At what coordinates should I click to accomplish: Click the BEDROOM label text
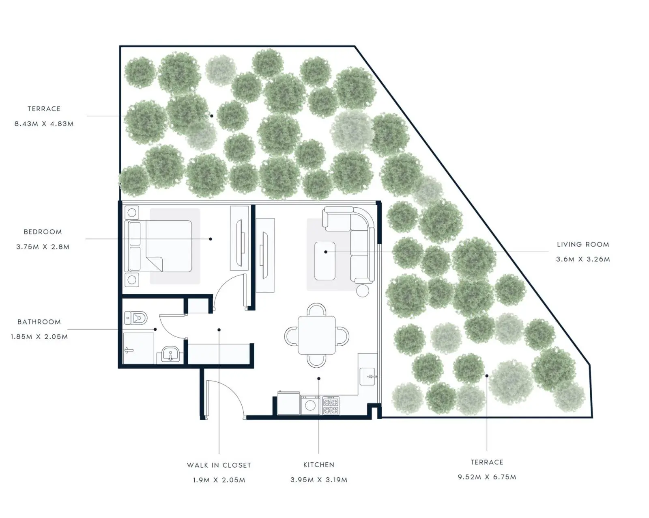tap(43, 232)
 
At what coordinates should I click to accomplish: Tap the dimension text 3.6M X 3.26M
tap(583, 259)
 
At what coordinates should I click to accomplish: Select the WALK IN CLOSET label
tap(219, 465)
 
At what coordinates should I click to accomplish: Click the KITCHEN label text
tap(319, 465)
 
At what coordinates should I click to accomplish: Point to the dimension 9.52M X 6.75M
tap(487, 477)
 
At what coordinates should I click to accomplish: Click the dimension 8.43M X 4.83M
tap(44, 124)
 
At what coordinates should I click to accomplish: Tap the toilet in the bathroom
tap(136, 318)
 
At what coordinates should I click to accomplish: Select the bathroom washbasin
tap(170, 354)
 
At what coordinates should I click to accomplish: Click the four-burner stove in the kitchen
tap(331, 406)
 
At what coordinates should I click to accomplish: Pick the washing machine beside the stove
tap(310, 405)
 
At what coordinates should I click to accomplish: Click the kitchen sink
tap(367, 376)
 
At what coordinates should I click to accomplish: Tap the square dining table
tap(317, 335)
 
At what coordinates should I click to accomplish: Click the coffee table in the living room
tap(325, 261)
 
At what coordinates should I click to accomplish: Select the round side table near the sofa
tap(363, 291)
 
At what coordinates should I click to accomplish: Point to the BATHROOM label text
tap(39, 322)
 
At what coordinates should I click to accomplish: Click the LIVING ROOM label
tap(583, 244)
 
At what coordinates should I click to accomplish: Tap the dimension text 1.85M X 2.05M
tap(39, 337)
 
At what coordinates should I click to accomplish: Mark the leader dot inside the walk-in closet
tap(219, 330)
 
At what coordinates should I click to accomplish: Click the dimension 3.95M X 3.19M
tap(319, 480)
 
